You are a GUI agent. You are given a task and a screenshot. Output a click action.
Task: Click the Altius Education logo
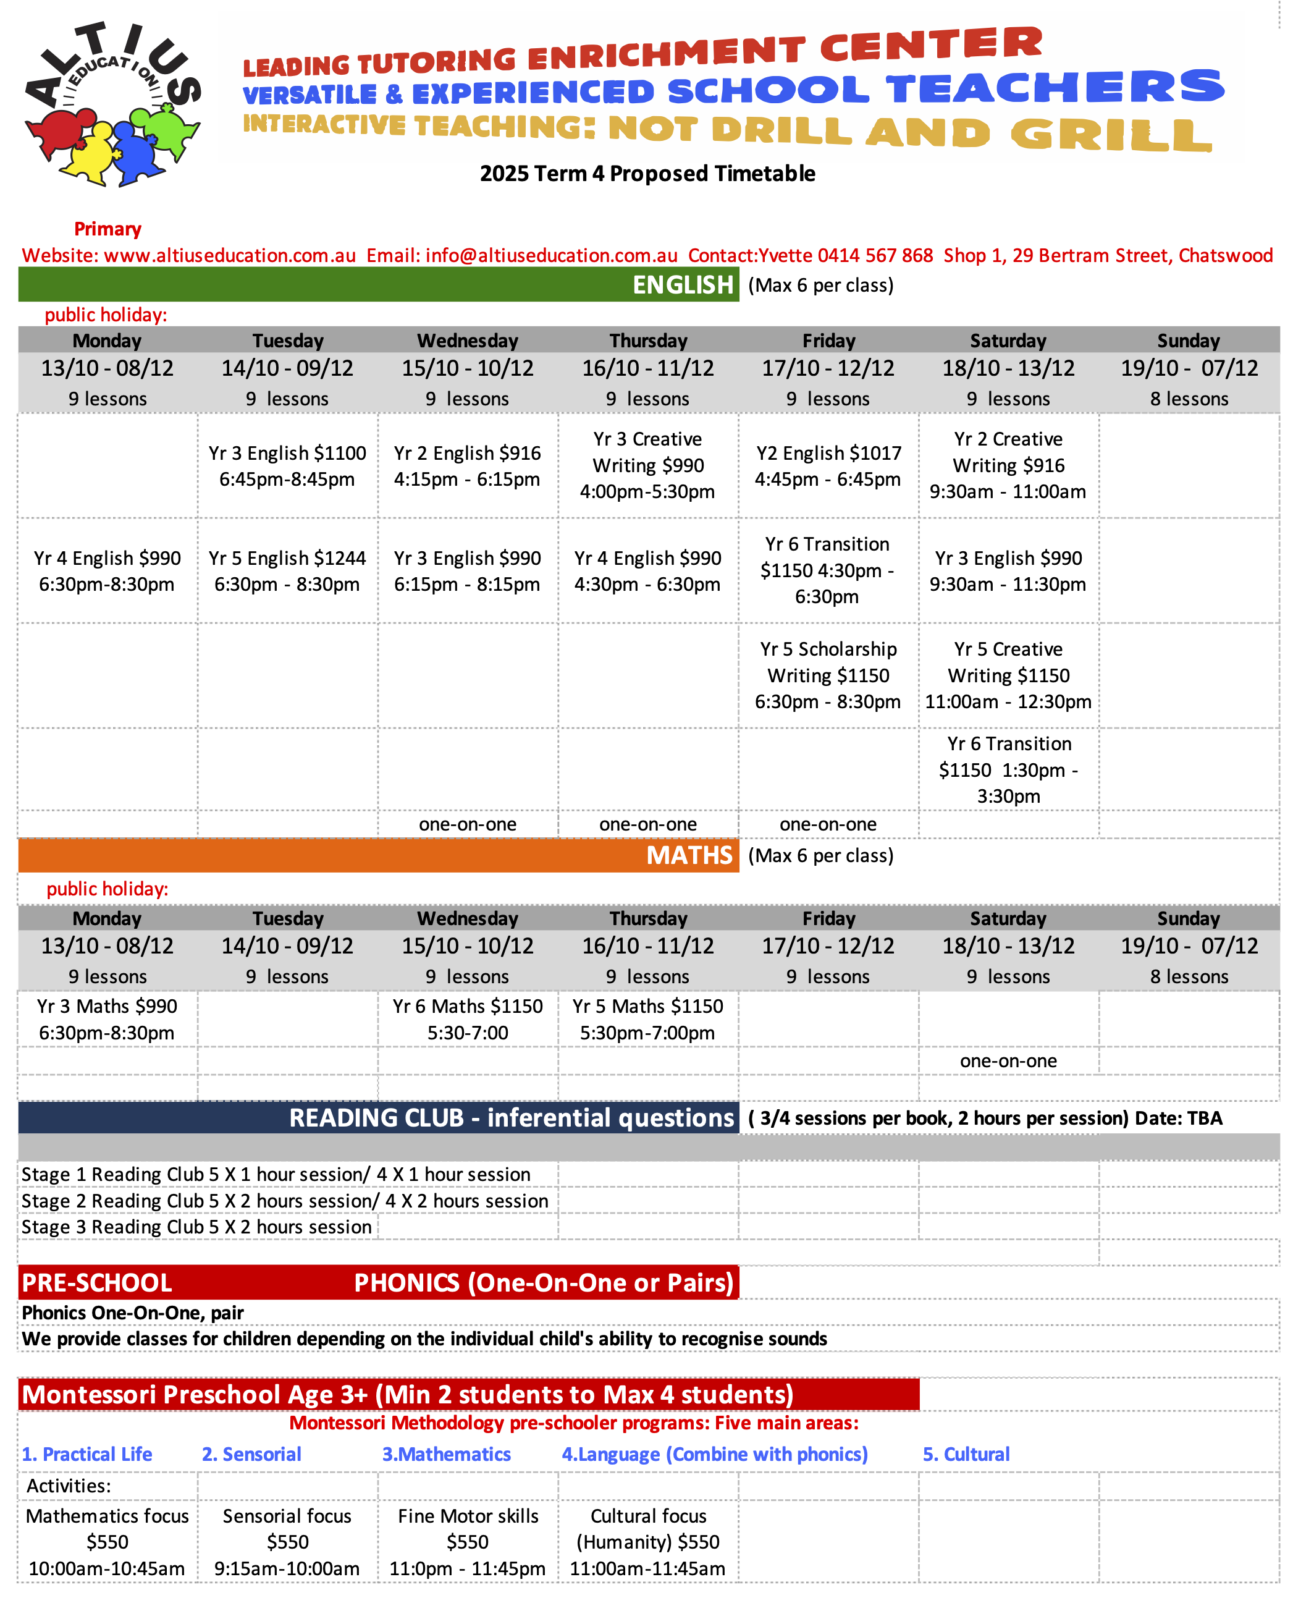click(112, 104)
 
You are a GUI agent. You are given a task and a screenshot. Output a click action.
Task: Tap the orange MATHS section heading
click(689, 855)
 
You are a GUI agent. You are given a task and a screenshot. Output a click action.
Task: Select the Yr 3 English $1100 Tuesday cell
click(287, 465)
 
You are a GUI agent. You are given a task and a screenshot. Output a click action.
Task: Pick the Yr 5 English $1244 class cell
click(287, 570)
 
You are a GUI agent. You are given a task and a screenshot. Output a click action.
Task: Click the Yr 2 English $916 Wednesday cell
click(467, 465)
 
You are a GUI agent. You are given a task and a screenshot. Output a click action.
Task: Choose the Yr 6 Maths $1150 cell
click(468, 1019)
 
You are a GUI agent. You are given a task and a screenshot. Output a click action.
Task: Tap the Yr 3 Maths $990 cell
click(107, 1019)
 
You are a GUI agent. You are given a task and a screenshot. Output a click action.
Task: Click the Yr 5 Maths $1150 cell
click(647, 1019)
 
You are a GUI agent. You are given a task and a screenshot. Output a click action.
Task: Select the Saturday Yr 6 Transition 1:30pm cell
click(1008, 769)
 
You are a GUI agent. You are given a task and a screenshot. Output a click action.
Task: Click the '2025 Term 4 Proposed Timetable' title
click(647, 174)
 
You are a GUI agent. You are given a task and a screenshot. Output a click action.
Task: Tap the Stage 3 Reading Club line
click(196, 1227)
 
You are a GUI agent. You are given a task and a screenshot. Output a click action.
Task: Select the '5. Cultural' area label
click(966, 1454)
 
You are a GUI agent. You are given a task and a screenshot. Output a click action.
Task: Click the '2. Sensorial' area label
click(252, 1454)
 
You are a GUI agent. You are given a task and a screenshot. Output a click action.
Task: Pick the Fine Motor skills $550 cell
click(468, 1542)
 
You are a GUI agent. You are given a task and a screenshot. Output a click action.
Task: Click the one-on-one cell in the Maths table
click(1008, 1060)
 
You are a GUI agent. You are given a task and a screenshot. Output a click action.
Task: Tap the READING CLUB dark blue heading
click(511, 1118)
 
